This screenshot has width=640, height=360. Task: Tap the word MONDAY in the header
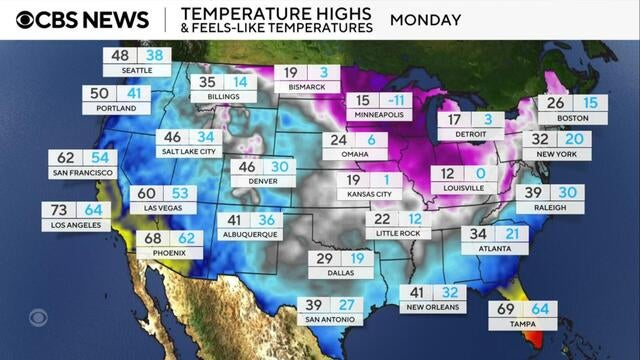tap(425, 20)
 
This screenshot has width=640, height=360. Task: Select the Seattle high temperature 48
tap(120, 57)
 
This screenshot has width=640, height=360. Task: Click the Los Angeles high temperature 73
tap(61, 211)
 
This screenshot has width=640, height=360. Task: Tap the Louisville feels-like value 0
tap(480, 174)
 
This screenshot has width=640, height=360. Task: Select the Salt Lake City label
tap(189, 151)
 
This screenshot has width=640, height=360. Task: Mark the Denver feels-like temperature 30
tap(280, 168)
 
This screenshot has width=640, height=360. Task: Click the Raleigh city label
tap(550, 208)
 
